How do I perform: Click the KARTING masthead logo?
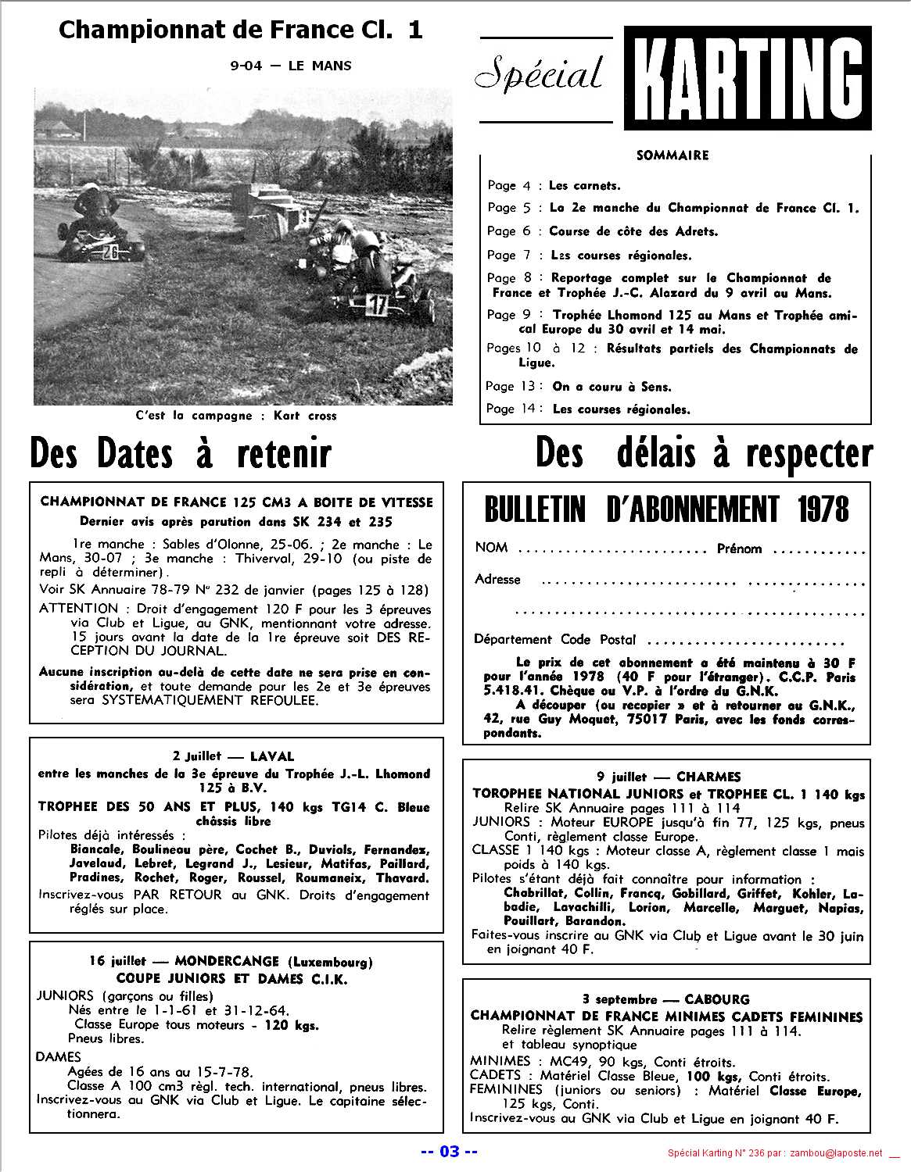coord(748,77)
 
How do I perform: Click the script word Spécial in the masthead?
coord(540,75)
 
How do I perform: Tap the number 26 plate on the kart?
coord(110,252)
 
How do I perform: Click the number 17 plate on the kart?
coord(378,306)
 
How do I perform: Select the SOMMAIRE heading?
coord(672,155)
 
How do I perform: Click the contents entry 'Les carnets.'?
coord(584,186)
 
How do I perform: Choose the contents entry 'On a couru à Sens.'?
coord(612,386)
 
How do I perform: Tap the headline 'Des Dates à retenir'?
coord(181,454)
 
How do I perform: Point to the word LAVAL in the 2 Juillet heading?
coord(272,756)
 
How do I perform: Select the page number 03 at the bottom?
coord(449,1151)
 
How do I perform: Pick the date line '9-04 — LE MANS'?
coord(291,66)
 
